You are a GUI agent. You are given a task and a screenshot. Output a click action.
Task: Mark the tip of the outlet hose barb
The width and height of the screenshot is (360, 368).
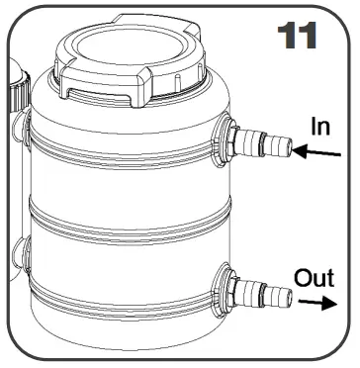click(290, 293)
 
